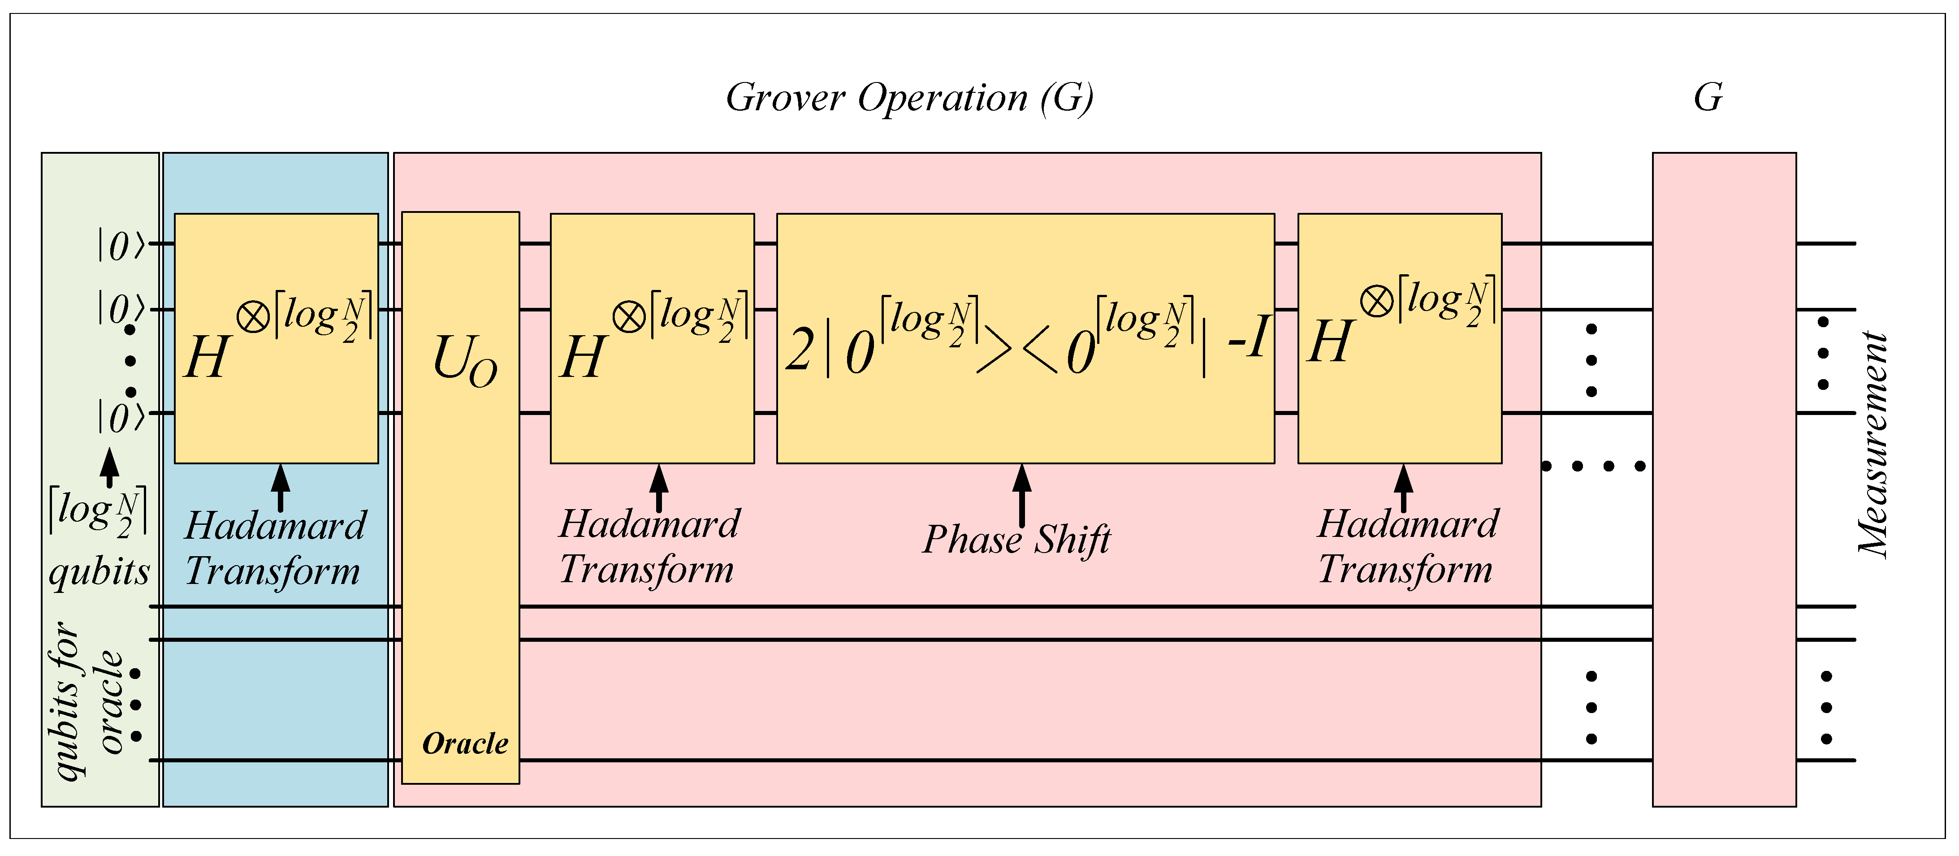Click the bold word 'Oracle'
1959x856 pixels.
pyautogui.click(x=465, y=744)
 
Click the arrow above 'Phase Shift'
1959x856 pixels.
pyautogui.click(x=1022, y=495)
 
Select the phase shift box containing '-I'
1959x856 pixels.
pyautogui.click(x=1025, y=338)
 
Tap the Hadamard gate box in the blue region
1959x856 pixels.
pyautogui.click(x=276, y=338)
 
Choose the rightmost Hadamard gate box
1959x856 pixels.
pyautogui.click(x=1399, y=338)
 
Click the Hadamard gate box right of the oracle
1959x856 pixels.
pyautogui.click(x=652, y=338)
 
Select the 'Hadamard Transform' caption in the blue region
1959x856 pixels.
pyautogui.click(x=275, y=548)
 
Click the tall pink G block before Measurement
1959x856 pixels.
pyautogui.click(x=1724, y=479)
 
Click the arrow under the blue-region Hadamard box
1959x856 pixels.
pyautogui.click(x=281, y=487)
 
